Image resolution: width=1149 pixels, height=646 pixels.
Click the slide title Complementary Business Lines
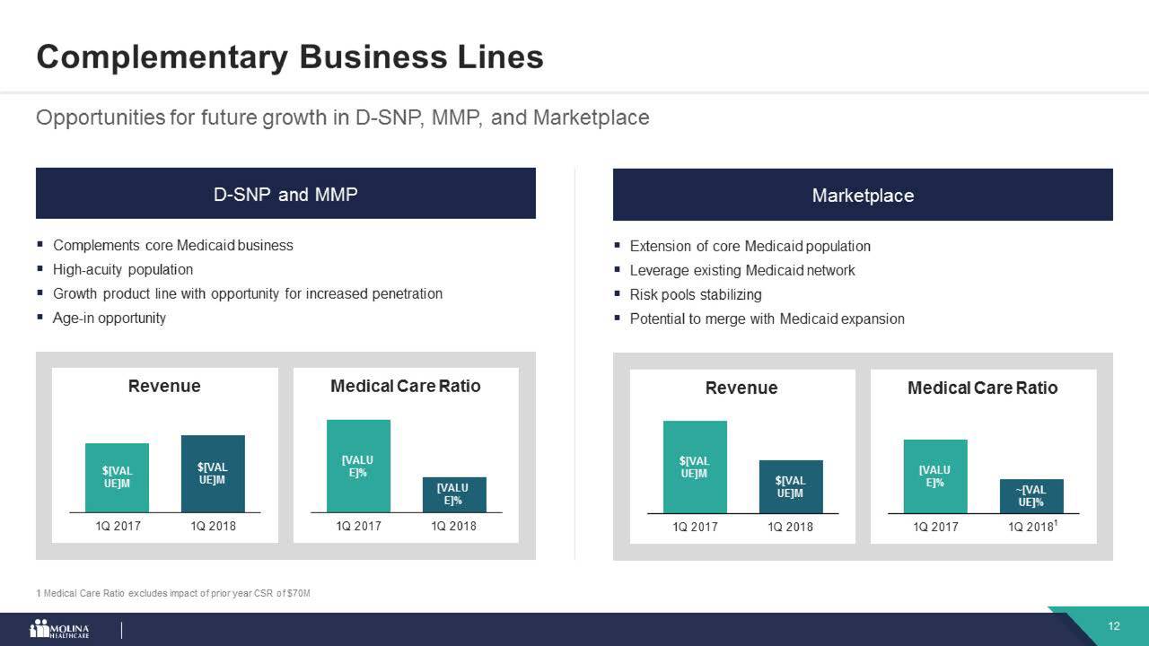coord(289,57)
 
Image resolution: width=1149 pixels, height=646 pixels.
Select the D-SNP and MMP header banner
coord(285,193)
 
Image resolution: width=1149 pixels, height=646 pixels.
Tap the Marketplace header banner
coord(862,195)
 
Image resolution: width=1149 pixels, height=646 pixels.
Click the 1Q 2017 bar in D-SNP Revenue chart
coord(118,477)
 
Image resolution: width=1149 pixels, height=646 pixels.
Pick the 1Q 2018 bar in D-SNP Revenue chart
coord(213,473)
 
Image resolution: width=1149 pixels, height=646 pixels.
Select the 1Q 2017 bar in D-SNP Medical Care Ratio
coord(358,466)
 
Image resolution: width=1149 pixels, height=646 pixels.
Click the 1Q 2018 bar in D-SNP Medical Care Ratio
coord(454,494)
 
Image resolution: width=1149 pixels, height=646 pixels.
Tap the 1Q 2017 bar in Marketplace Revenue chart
coord(695,467)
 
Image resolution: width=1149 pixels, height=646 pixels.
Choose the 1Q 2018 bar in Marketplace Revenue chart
coord(790,487)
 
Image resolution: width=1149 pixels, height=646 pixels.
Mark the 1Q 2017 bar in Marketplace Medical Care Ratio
coord(934,476)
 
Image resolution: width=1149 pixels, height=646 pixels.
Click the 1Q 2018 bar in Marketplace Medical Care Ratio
coord(1031,496)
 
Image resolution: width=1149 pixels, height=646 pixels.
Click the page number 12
coord(1113,626)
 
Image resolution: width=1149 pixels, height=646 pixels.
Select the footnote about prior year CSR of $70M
coord(173,594)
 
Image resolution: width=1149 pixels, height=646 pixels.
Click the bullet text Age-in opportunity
coord(110,318)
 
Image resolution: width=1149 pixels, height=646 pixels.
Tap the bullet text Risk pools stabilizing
coord(696,294)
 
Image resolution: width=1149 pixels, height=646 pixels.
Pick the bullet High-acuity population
coord(123,269)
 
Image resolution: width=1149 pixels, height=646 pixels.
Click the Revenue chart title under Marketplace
coord(741,388)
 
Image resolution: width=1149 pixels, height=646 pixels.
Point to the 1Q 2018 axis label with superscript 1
coord(1033,526)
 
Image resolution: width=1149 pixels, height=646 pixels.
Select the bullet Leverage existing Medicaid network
coord(742,270)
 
